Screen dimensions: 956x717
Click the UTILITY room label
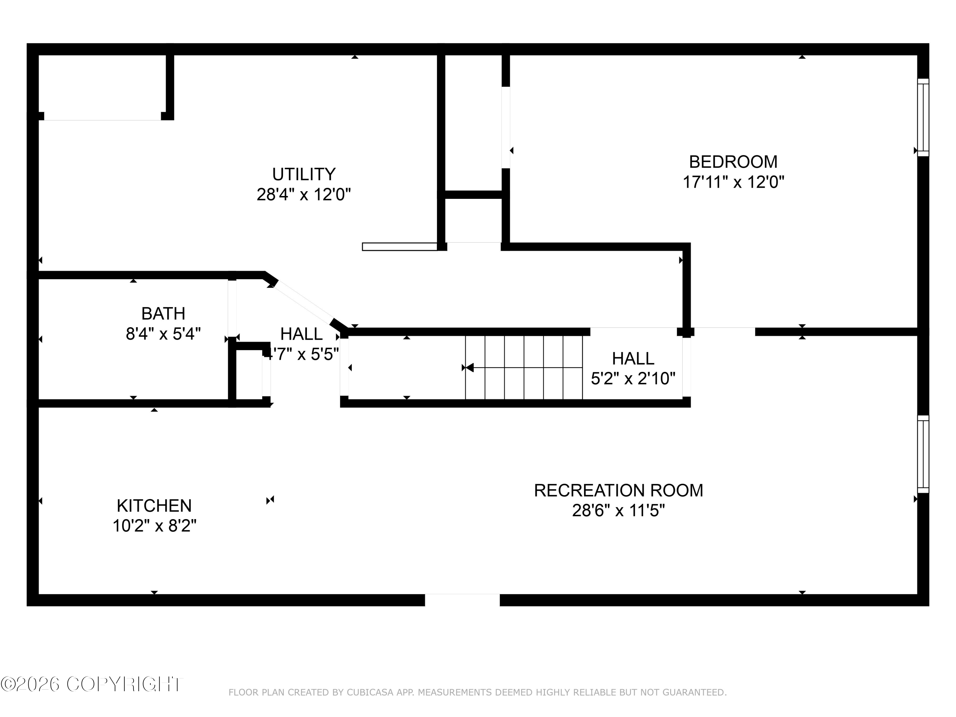(303, 174)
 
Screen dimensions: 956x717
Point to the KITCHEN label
(154, 506)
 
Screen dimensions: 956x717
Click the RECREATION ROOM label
(619, 490)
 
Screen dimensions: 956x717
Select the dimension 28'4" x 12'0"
(303, 194)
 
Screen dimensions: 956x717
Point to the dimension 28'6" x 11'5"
(619, 511)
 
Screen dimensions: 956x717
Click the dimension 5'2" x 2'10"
(633, 379)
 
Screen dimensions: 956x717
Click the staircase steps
(524, 368)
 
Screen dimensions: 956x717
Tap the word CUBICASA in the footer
(370, 692)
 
